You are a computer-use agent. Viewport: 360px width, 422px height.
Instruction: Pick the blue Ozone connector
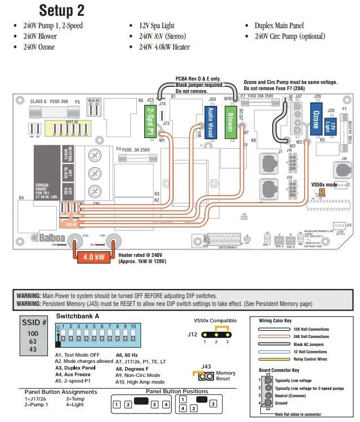click(x=315, y=117)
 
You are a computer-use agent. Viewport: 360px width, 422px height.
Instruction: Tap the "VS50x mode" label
click(x=324, y=185)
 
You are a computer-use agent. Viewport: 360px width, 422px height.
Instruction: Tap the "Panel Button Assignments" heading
click(x=60, y=392)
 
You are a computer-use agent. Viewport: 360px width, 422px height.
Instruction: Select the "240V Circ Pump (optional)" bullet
click(x=290, y=37)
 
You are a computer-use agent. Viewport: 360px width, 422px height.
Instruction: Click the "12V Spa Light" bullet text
click(x=165, y=26)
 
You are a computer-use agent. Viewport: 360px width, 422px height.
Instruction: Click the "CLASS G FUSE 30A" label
click(x=55, y=101)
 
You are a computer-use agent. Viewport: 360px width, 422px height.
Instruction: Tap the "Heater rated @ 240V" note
click(x=144, y=255)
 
